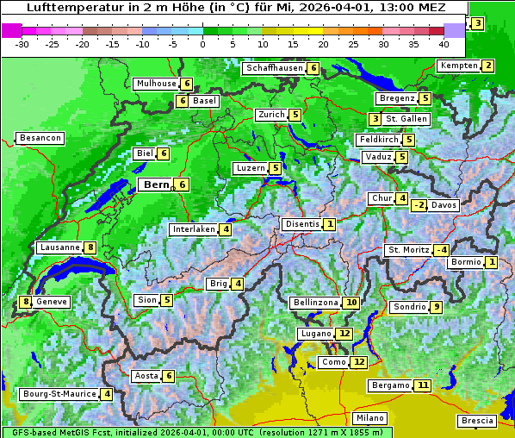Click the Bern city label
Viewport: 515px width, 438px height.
pyautogui.click(x=156, y=185)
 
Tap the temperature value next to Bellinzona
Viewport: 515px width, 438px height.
pyautogui.click(x=351, y=303)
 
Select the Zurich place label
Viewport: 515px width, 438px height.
pyautogui.click(x=271, y=115)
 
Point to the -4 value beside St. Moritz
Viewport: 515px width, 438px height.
pyautogui.click(x=441, y=250)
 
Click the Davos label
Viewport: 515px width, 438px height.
pyautogui.click(x=444, y=205)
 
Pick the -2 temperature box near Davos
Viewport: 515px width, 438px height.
pyautogui.click(x=419, y=205)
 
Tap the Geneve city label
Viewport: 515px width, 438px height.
pyautogui.click(x=52, y=302)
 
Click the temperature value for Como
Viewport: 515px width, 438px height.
pyautogui.click(x=359, y=362)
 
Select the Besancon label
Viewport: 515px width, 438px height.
pyautogui.click(x=40, y=138)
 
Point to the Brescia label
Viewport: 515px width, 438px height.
pyautogui.click(x=478, y=421)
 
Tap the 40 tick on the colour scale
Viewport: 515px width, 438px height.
pyautogui.click(x=444, y=44)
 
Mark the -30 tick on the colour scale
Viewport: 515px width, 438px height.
pyautogui.click(x=22, y=44)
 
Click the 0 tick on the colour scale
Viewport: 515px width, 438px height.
pyautogui.click(x=203, y=44)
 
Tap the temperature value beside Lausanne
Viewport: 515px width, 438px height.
pyautogui.click(x=91, y=247)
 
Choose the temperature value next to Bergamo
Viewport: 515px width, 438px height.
pyautogui.click(x=422, y=385)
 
